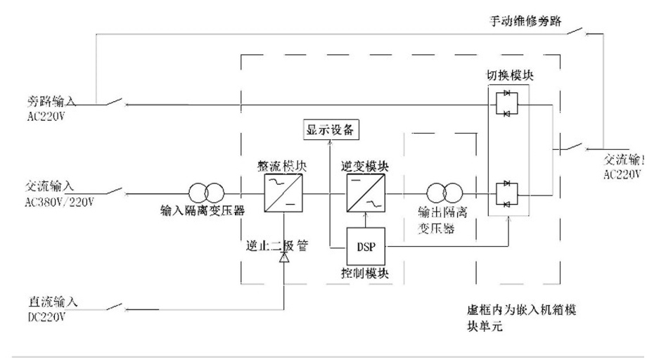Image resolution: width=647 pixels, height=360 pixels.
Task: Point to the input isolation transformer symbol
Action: [x=207, y=191]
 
